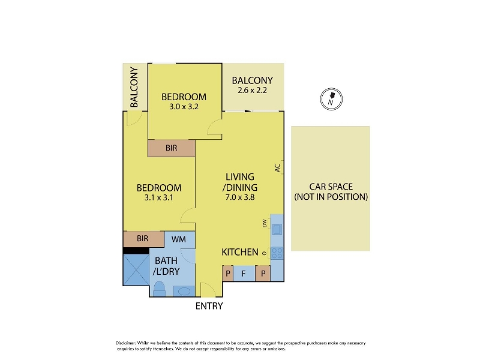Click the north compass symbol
[x=331, y=99]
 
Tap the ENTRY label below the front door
[x=209, y=306]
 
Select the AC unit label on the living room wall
[x=277, y=168]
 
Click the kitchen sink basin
[x=277, y=229]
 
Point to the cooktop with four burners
[x=277, y=253]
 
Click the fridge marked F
[x=244, y=274]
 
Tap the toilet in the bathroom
[x=159, y=289]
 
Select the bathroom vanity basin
[x=184, y=291]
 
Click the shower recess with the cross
[x=136, y=269]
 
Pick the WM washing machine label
[x=178, y=239]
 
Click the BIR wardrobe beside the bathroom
[x=143, y=239]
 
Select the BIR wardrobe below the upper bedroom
[x=172, y=148]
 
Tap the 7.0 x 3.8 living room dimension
[x=240, y=197]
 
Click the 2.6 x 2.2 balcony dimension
[x=252, y=91]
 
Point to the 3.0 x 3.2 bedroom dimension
[x=184, y=107]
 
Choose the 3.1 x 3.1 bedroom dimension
[x=159, y=198]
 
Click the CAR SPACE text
[x=331, y=187]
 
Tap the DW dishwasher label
[x=265, y=224]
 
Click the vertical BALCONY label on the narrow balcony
[x=134, y=87]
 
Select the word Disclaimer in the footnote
[x=125, y=343]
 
